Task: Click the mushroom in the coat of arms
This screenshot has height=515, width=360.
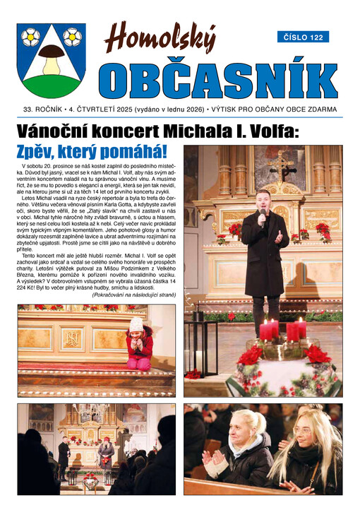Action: click(51, 61)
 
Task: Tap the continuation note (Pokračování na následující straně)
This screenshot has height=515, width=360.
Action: click(134, 295)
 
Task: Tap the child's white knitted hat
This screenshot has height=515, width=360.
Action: click(136, 324)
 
